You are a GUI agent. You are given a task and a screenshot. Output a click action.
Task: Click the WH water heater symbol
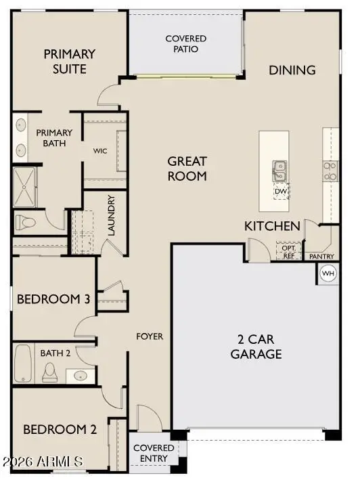(328, 273)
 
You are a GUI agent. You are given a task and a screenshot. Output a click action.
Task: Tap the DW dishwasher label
(281, 192)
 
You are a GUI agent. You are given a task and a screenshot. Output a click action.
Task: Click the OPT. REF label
(288, 251)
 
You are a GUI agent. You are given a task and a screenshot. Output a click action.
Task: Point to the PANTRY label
(321, 257)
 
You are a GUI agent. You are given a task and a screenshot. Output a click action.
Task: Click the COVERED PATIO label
(186, 44)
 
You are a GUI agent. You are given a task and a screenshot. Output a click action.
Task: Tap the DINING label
(292, 70)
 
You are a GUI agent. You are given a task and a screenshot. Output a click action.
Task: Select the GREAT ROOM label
(187, 169)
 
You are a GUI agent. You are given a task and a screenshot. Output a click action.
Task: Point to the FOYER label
(150, 336)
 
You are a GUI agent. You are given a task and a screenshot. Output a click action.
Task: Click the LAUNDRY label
(112, 215)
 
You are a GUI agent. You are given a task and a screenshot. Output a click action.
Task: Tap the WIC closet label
(100, 150)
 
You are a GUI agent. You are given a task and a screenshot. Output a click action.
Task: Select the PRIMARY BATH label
(54, 138)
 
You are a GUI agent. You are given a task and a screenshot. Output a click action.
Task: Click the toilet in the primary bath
(29, 221)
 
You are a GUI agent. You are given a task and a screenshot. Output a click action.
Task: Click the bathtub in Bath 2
(22, 364)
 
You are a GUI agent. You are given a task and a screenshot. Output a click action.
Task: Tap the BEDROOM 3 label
(53, 300)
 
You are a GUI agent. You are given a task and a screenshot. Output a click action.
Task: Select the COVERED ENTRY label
(153, 454)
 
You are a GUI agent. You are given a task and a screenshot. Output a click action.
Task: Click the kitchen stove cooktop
(330, 171)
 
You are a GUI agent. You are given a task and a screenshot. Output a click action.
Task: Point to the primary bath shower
(28, 186)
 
